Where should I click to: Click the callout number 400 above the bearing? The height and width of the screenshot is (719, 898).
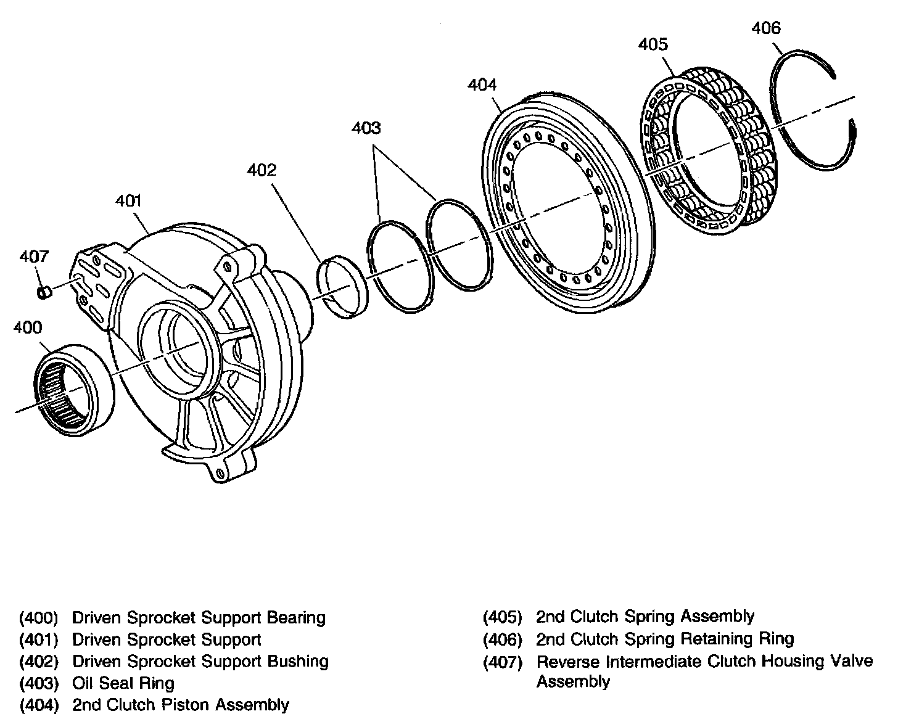28,327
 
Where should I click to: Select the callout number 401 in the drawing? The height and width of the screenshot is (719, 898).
128,200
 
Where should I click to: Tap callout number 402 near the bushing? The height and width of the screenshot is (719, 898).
262,170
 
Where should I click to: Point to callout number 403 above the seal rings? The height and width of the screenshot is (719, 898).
366,128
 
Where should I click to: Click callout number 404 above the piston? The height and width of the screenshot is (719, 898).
482,84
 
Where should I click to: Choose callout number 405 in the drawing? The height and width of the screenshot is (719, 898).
653,44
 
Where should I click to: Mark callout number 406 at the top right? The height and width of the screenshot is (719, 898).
766,28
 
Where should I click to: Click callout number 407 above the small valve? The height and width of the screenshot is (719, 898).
35,256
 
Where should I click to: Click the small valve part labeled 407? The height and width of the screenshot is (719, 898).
44,292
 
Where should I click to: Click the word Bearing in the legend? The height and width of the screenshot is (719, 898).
296,617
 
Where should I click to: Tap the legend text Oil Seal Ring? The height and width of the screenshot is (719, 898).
123,683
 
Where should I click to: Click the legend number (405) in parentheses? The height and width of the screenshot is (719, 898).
502,617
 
